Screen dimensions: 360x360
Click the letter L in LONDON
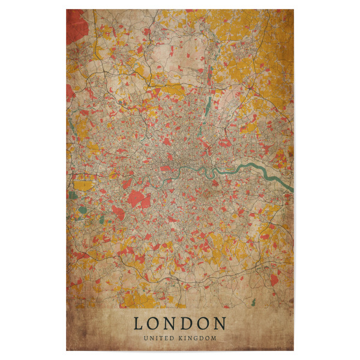pyautogui.click(x=139, y=324)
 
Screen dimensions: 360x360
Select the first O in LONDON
pyautogui.click(x=154, y=324)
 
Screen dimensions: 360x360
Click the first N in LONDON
pyautogui.click(x=170, y=324)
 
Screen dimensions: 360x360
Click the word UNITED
pyautogui.click(x=161, y=338)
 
